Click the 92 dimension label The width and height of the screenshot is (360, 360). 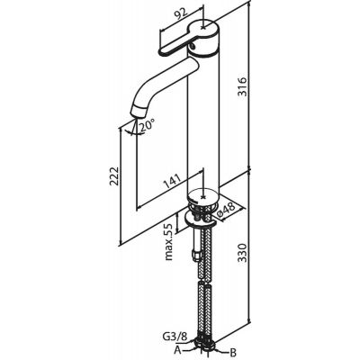(x=180, y=13)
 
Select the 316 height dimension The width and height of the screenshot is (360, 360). (x=242, y=86)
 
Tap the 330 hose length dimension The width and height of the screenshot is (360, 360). (x=242, y=253)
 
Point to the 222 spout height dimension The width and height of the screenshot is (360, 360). (x=114, y=176)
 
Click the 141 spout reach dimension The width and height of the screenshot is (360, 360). (x=172, y=181)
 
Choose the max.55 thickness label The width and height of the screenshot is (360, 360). (x=169, y=242)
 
